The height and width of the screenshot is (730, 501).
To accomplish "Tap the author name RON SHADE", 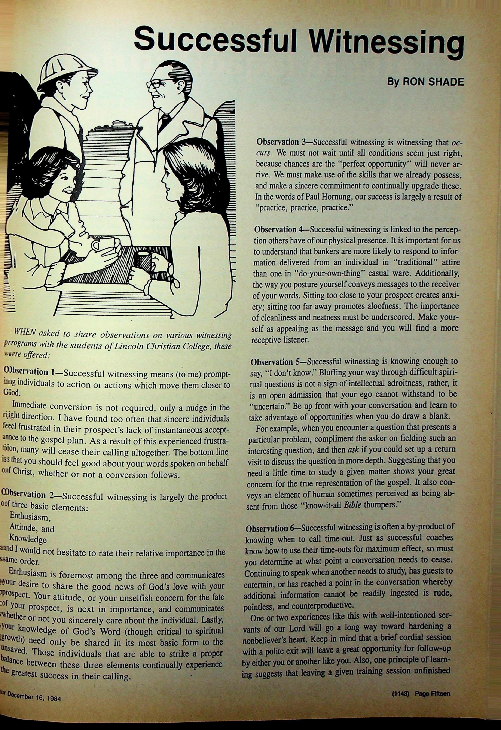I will coord(433,82).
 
